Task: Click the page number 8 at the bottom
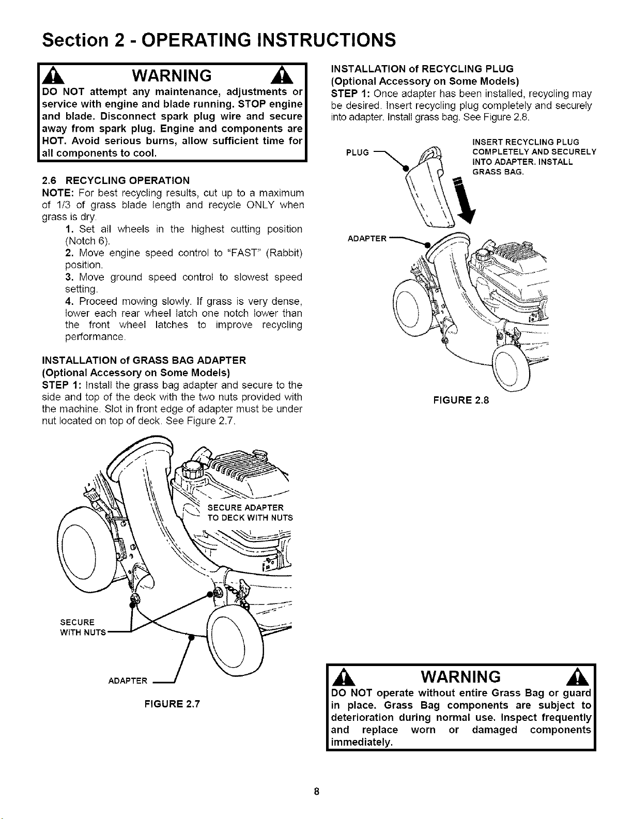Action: pos(316,791)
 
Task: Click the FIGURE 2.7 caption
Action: pos(172,704)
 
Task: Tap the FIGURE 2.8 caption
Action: pos(461,400)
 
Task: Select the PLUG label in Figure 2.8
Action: pos(357,152)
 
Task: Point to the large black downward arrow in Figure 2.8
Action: pos(464,200)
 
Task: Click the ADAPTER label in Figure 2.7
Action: pos(128,681)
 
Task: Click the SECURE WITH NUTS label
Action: pos(83,627)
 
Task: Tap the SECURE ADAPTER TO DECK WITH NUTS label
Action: pos(250,513)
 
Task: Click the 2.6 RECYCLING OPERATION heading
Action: pos(116,180)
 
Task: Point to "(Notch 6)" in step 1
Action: pos(88,241)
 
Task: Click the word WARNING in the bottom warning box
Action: pos(461,677)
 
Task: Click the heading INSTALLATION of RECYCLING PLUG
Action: pos(422,69)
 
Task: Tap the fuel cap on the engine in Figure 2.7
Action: pos(193,471)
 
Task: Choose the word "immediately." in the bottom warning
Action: pos(362,743)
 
